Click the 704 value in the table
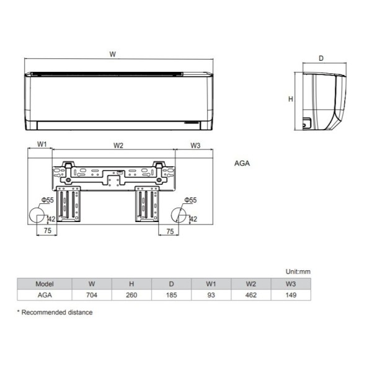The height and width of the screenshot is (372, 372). coord(92,295)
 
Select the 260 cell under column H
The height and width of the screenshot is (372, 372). coord(131,295)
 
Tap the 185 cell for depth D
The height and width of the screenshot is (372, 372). coord(171,295)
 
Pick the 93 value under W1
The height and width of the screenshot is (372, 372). coord(211,295)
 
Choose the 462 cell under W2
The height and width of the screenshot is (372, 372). coord(250,295)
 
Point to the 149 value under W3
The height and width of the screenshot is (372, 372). coord(290,295)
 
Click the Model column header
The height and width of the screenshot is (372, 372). coord(45,283)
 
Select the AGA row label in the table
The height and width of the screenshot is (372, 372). coord(45,295)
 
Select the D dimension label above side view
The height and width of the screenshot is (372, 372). coord(321,58)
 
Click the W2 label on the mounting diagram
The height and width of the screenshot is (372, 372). coord(118,146)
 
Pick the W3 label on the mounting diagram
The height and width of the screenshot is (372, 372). coord(195,146)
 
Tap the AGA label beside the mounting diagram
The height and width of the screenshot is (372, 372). coord(242,164)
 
